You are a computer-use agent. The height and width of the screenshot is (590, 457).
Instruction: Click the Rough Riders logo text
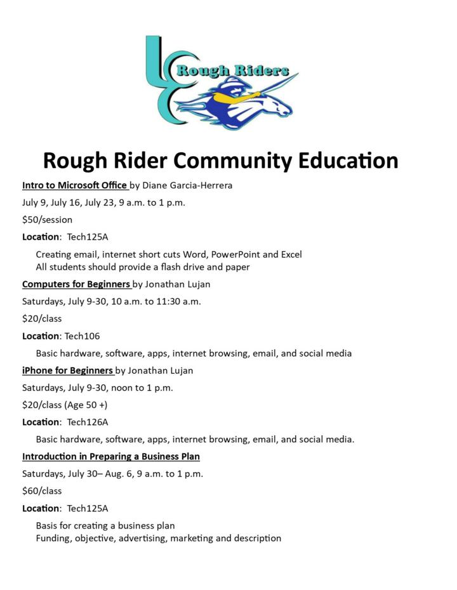pyautogui.click(x=232, y=70)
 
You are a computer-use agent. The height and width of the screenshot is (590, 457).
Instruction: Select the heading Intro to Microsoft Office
pyautogui.click(x=74, y=186)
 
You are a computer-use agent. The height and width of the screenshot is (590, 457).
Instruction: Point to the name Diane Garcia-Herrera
pyautogui.click(x=187, y=186)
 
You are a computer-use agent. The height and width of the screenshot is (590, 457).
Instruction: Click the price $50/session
pyautogui.click(x=48, y=220)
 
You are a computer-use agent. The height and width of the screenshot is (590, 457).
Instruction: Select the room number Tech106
pyautogui.click(x=82, y=336)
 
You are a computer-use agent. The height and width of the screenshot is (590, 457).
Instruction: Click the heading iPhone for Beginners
pyautogui.click(x=67, y=370)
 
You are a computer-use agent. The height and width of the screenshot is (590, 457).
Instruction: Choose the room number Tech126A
pyautogui.click(x=88, y=422)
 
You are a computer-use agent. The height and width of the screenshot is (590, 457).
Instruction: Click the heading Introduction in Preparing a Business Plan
pyautogui.click(x=111, y=456)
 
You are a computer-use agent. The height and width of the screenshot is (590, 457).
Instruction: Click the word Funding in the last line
pyautogui.click(x=53, y=539)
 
